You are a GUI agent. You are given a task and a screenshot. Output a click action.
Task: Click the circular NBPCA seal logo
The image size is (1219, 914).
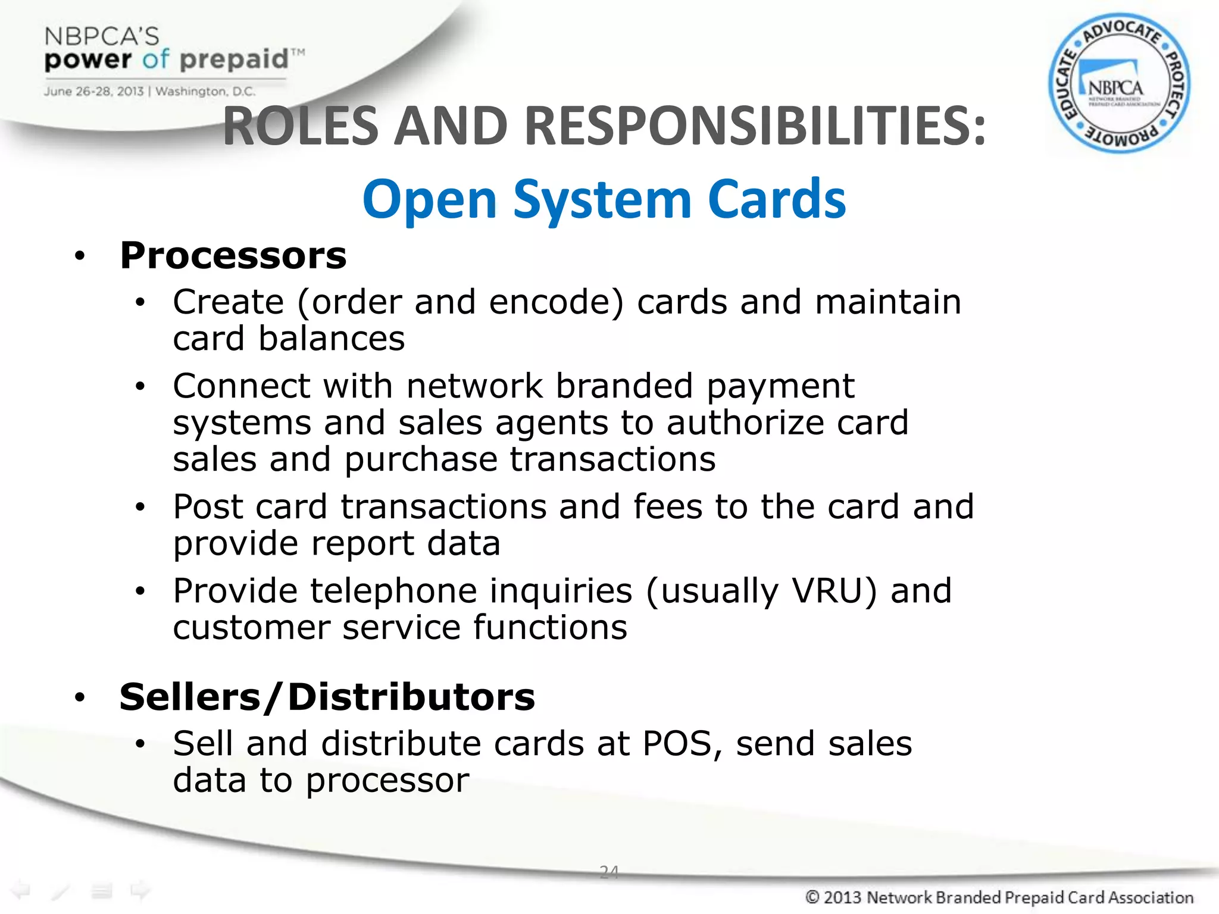pos(1119,83)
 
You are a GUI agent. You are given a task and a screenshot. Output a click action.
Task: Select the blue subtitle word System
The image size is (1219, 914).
pos(602,200)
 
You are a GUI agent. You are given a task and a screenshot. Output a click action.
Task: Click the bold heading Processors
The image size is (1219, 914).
pos(233,256)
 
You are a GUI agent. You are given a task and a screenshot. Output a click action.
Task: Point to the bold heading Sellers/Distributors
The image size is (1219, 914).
pos(327,697)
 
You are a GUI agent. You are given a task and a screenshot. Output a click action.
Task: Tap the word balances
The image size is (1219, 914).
pos(332,339)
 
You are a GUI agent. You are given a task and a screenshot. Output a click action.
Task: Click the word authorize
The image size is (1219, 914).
pos(745,423)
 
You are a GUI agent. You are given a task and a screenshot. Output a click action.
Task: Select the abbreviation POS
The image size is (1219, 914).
pos(677,744)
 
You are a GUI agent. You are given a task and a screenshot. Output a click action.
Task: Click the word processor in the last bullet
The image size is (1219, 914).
pos(387,780)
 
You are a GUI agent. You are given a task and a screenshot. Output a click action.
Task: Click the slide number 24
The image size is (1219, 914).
pos(609,872)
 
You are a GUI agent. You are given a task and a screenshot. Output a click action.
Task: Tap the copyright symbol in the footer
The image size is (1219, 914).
pos(812,897)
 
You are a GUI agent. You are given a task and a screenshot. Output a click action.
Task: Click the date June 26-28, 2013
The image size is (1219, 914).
pos(93,92)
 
